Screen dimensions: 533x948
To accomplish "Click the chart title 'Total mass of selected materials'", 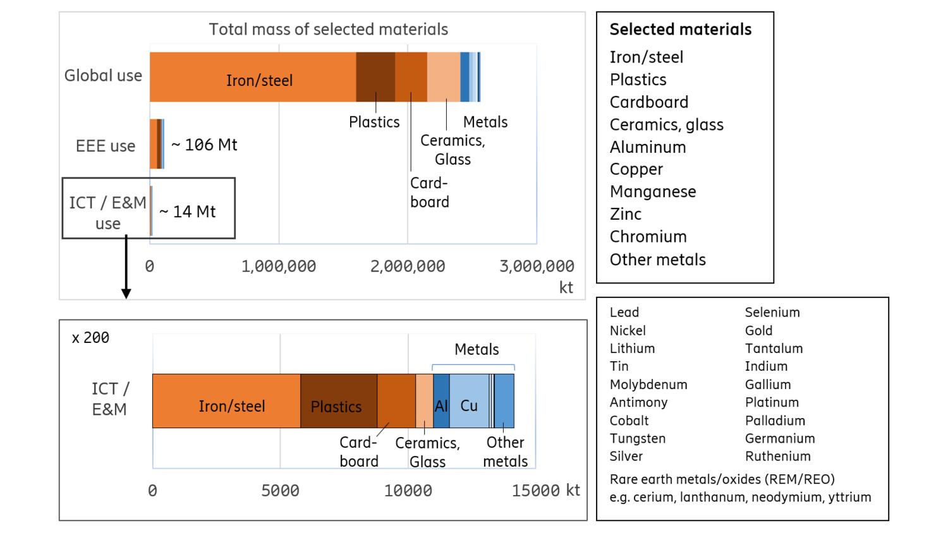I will (328, 30).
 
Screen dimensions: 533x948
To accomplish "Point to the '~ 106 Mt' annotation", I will (204, 145).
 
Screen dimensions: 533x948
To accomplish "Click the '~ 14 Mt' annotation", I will (188, 212).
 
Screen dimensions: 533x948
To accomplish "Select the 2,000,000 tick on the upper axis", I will (408, 266).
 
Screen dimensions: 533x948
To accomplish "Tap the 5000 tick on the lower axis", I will (280, 491).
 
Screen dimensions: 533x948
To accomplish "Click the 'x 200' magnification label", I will (90, 338).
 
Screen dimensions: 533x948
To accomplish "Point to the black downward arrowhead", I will (126, 293).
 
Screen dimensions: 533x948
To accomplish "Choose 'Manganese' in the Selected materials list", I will (653, 192).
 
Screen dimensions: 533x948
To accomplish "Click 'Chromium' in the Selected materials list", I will (648, 237).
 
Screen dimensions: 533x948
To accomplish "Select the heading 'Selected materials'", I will (680, 30).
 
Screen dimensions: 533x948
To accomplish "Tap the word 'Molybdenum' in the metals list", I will (648, 385).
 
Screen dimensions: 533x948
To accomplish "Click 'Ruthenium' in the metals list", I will (777, 457).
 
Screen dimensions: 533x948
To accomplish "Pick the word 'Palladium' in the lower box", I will (775, 421).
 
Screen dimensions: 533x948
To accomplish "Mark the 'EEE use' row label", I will (106, 147).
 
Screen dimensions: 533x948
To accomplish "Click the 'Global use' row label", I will (103, 76).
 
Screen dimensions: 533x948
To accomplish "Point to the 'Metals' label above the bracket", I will (477, 350).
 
